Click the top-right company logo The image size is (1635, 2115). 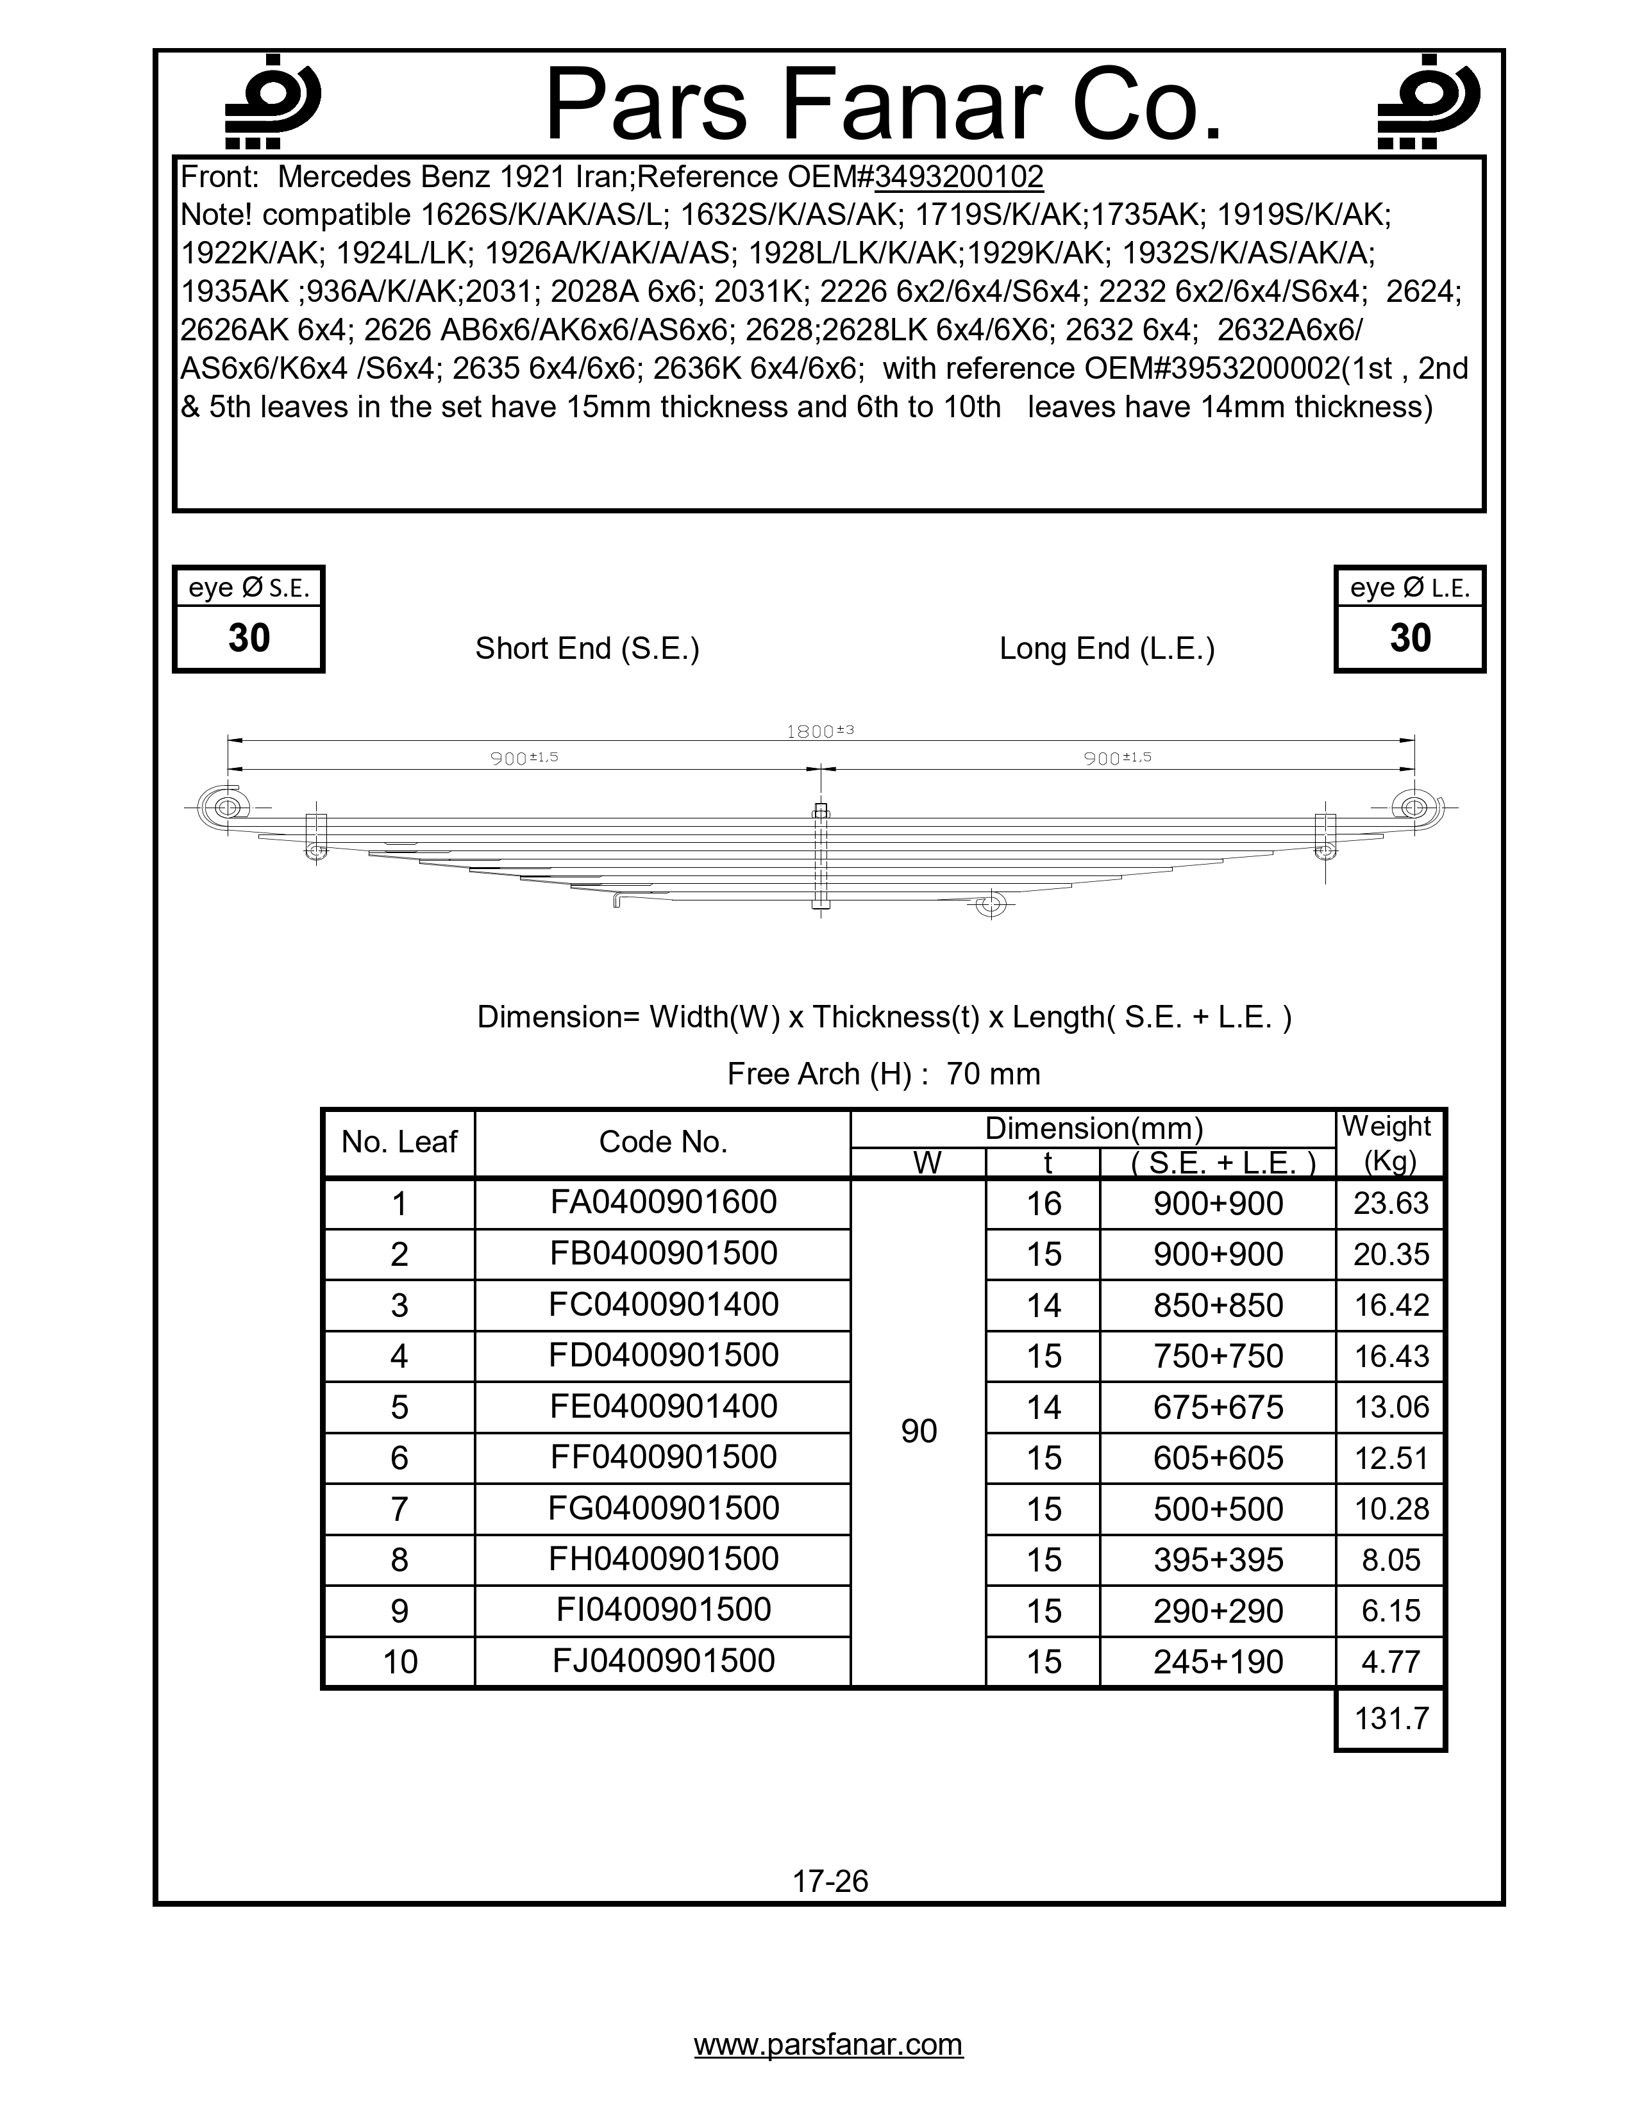[x=1428, y=103]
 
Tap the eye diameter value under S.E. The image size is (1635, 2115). [x=249, y=638]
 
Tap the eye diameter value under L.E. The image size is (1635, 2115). [x=1409, y=638]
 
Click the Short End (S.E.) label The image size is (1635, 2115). [x=587, y=649]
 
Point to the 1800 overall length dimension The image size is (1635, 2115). [x=819, y=732]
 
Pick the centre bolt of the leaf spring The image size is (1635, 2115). [x=821, y=857]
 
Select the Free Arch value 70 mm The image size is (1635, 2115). [x=993, y=1074]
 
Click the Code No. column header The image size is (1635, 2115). [x=662, y=1143]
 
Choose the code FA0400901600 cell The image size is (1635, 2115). [x=664, y=1203]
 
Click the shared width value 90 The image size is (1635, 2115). [x=918, y=1431]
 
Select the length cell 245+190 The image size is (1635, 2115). [x=1218, y=1662]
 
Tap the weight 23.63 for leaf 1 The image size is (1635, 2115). [x=1391, y=1203]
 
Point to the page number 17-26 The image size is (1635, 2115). [x=830, y=1882]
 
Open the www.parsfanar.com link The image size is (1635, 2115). [x=828, y=2044]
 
